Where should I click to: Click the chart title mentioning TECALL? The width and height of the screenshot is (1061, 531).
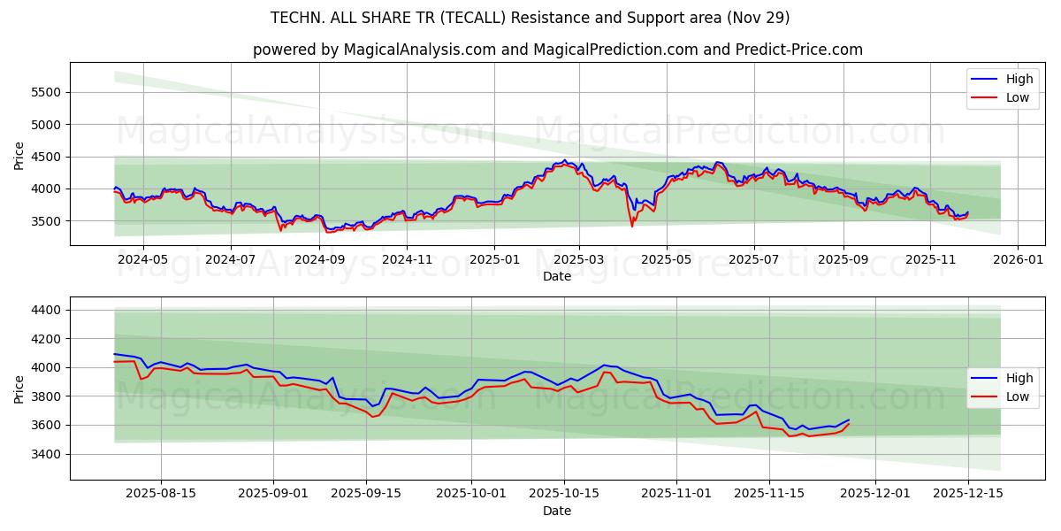(530, 18)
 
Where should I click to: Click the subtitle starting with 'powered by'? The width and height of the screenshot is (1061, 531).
(557, 50)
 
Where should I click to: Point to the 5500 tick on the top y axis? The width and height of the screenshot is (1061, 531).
(46, 92)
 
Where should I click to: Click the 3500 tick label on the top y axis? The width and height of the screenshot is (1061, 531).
(46, 220)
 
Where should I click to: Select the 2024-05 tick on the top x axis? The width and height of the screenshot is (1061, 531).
(142, 260)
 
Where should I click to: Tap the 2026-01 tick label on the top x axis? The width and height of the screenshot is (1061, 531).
(1017, 260)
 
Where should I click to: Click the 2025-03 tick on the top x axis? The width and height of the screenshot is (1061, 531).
(579, 260)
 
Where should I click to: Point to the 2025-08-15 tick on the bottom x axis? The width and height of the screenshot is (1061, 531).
(160, 494)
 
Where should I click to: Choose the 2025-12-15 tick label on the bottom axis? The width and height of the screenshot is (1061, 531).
(967, 494)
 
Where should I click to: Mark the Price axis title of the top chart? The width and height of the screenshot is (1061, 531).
(19, 155)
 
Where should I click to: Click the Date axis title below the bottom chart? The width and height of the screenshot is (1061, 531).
(557, 511)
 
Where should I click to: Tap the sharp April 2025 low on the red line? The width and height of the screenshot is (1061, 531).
(632, 226)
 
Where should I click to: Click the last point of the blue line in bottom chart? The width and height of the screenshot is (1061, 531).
(849, 419)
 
